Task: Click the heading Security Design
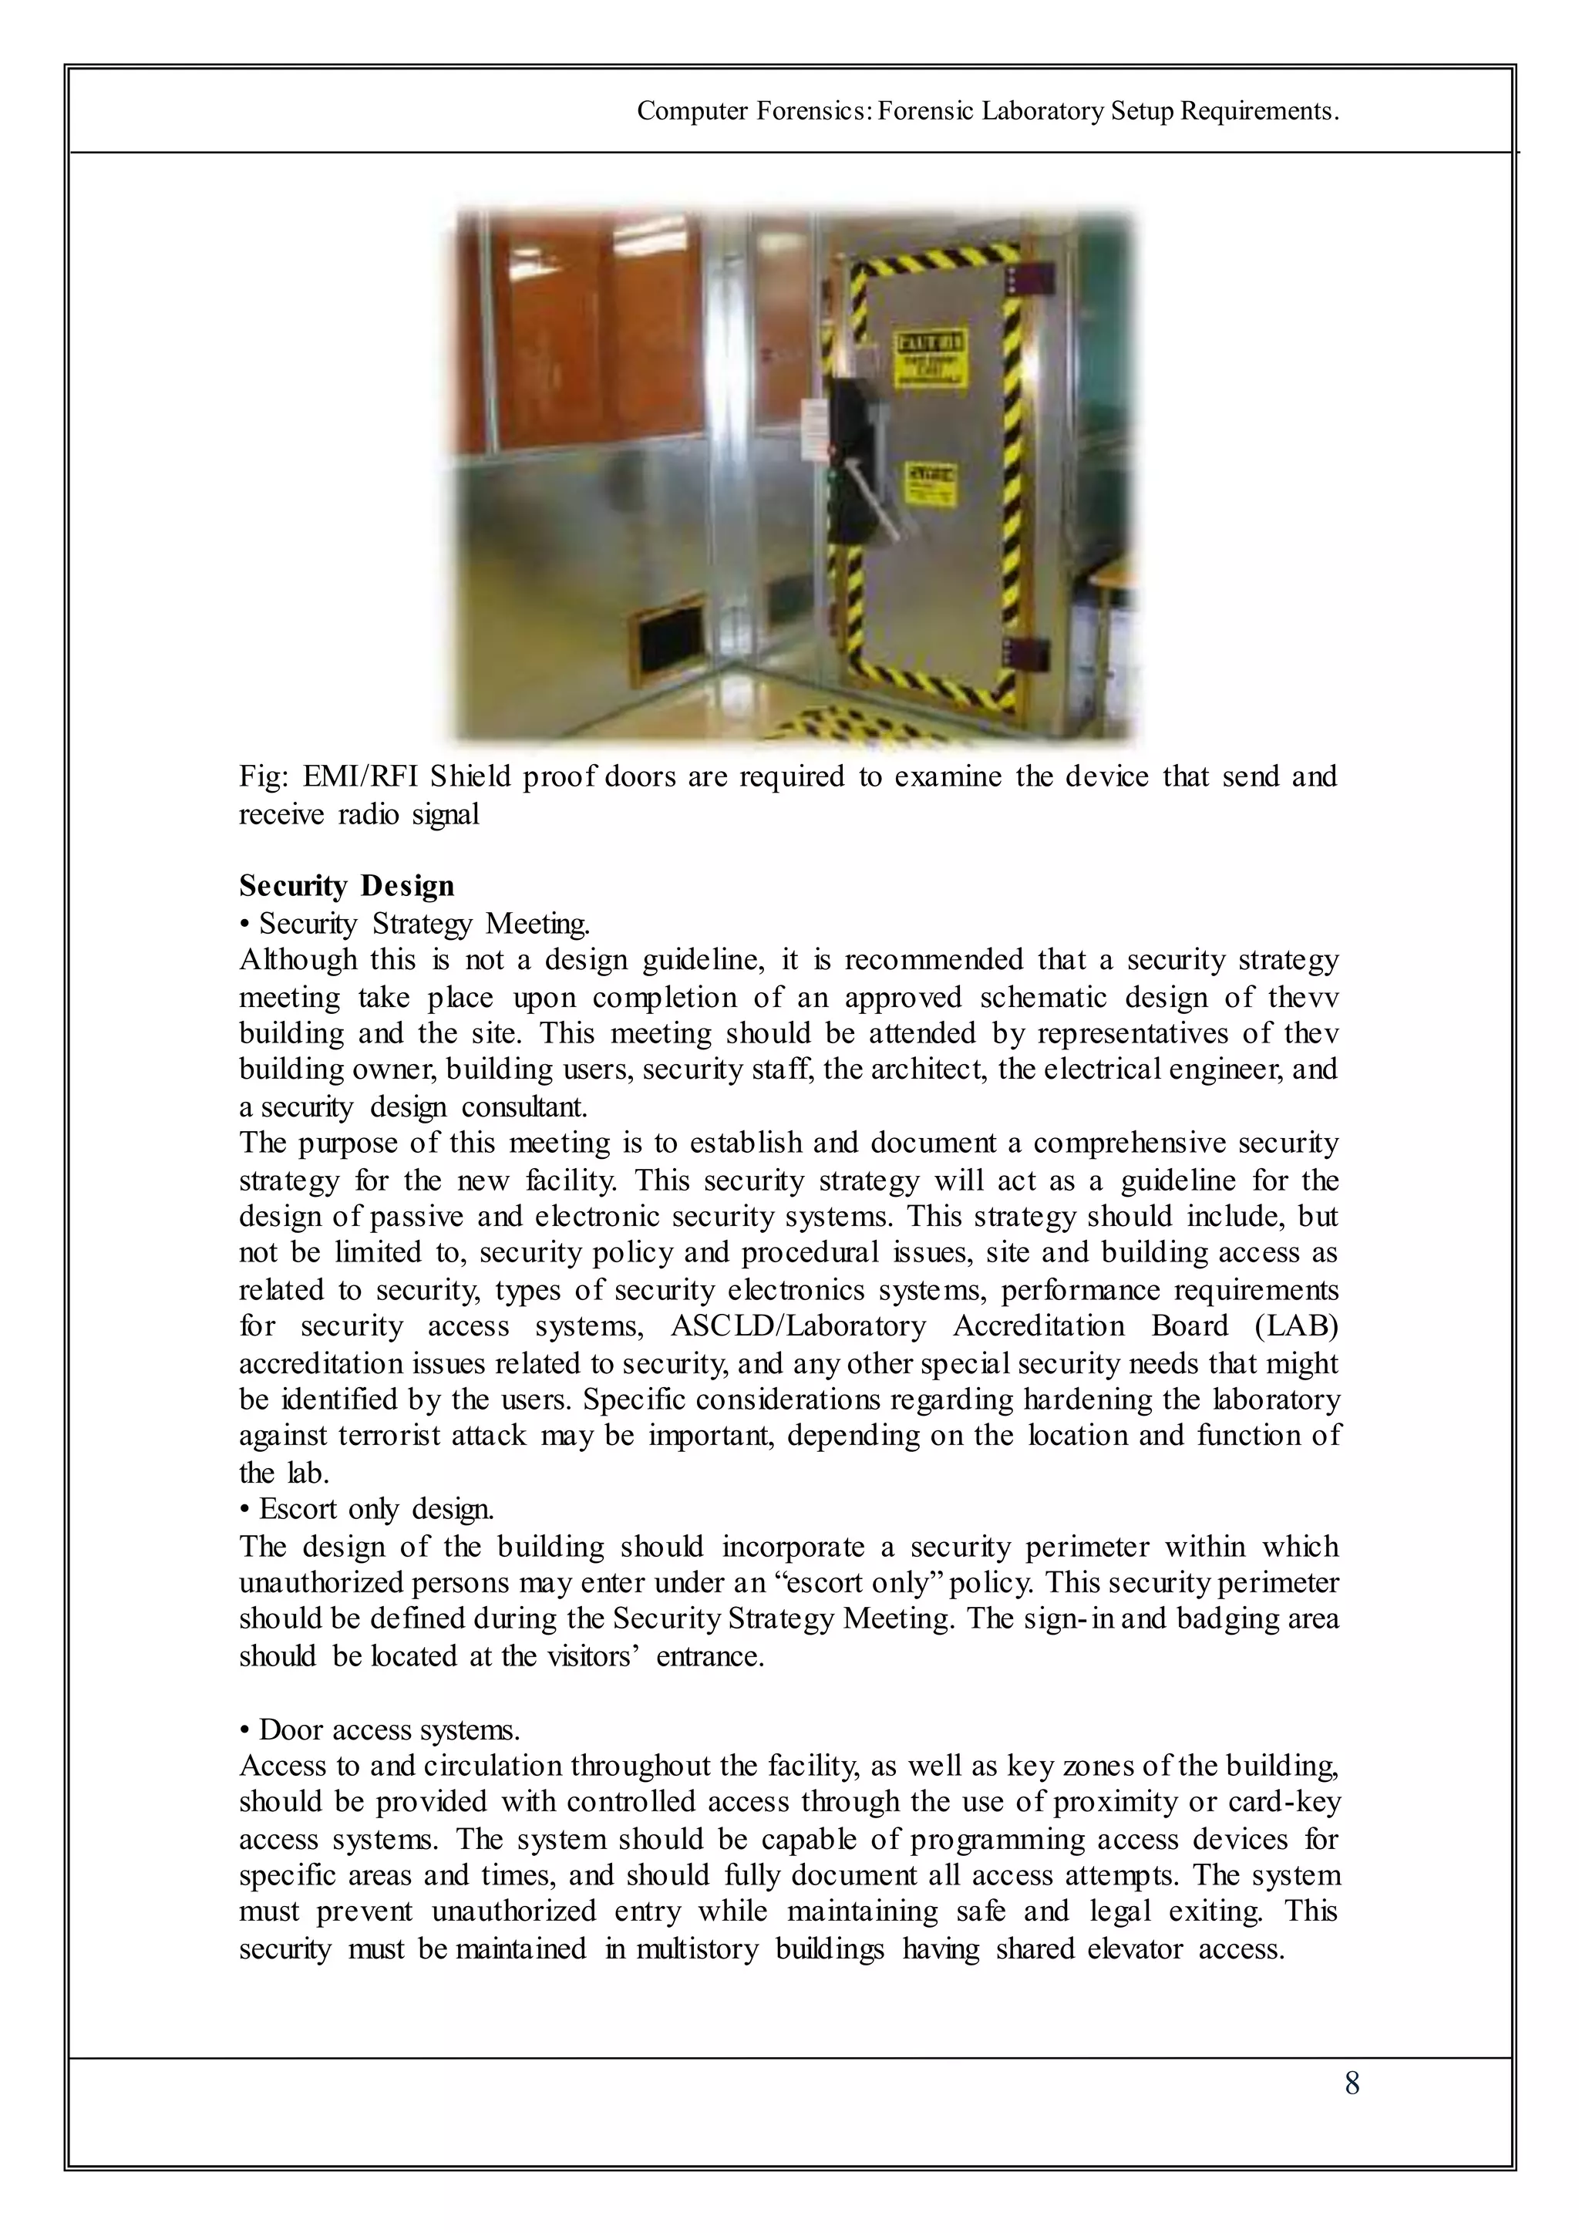pyautogui.click(x=346, y=886)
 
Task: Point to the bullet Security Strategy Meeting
pyautogui.click(x=424, y=923)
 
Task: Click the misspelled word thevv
pyautogui.click(x=1303, y=998)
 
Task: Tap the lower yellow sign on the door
pyautogui.click(x=931, y=483)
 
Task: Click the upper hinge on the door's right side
pyautogui.click(x=1028, y=279)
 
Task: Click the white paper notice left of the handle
pyautogui.click(x=814, y=429)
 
